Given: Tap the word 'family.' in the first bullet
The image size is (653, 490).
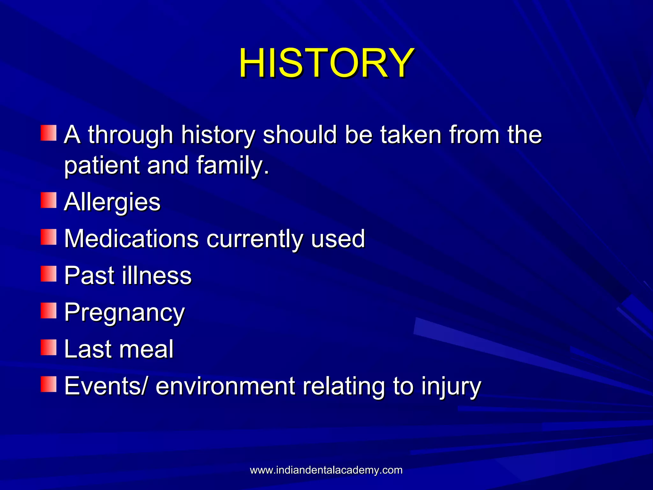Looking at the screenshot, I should [x=233, y=165].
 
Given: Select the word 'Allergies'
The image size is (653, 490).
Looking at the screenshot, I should [x=112, y=202].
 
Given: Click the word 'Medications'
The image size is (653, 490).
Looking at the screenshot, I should [x=131, y=238].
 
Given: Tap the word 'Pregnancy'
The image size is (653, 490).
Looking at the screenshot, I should [x=124, y=313].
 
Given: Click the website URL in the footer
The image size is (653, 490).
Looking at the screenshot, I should [x=326, y=470].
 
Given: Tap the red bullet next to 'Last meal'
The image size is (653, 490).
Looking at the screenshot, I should [x=48, y=347].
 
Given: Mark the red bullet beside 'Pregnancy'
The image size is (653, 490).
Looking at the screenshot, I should [x=48, y=311].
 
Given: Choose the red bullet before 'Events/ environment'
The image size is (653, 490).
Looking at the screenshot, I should [x=48, y=384].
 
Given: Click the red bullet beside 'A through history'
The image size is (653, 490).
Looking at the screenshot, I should [x=48, y=133].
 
